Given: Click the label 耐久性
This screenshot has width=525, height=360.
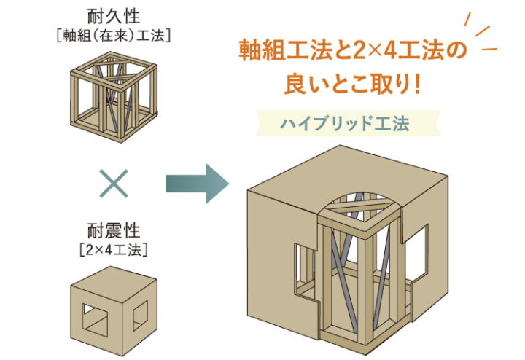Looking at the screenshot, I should (113, 15).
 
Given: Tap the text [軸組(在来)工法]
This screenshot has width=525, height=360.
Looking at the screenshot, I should (113, 34).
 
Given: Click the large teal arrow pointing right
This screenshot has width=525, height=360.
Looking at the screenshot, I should (192, 183).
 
